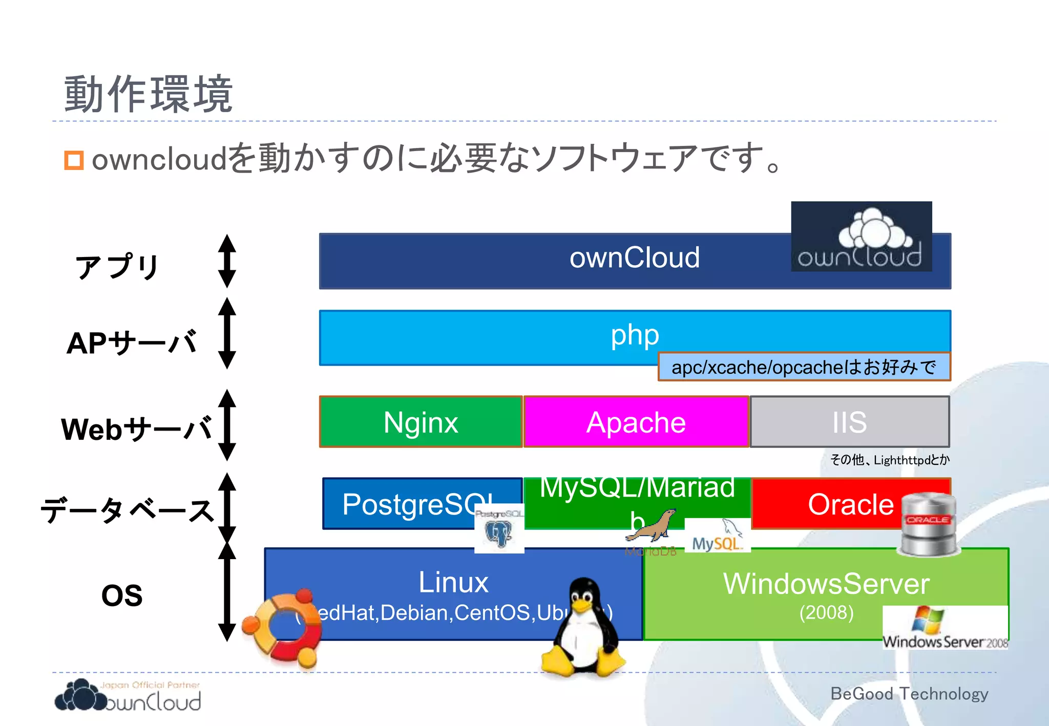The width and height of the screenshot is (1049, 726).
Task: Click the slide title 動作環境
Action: coord(149,94)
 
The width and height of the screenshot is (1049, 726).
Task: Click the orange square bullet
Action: coord(74,160)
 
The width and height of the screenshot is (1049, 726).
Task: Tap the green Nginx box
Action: coord(421,422)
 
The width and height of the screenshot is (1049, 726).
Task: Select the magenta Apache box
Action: coord(636,422)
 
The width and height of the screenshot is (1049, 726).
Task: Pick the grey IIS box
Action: coord(849,422)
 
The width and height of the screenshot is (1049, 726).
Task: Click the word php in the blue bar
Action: coord(635,335)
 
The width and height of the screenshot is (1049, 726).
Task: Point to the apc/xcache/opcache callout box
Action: coord(804,367)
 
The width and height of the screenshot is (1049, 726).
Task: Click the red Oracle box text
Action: coord(850,504)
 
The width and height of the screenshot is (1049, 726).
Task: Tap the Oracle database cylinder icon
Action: coord(928,525)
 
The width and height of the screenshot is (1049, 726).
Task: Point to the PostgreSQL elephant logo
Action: coord(499,530)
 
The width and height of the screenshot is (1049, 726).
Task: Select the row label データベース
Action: coord(127,510)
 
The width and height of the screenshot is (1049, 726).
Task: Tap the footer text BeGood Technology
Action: coord(909,694)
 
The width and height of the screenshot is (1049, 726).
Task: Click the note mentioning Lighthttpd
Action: coord(890,460)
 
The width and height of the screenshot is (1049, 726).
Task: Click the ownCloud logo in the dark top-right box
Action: coord(861,237)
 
